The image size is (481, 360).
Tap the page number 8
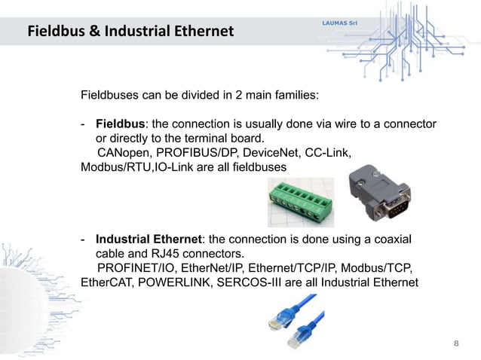(x=455, y=343)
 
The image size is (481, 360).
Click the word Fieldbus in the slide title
(x=56, y=32)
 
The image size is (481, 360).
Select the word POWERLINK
(x=178, y=282)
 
